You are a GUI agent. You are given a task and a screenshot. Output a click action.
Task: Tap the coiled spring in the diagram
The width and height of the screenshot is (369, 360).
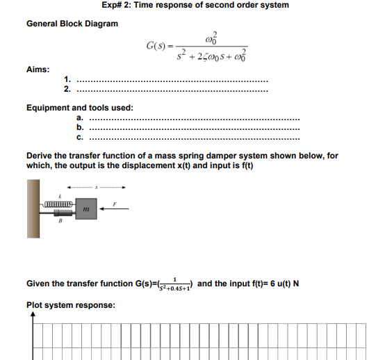pyautogui.click(x=58, y=204)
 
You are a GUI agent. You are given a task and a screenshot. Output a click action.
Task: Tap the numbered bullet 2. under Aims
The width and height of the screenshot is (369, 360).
pyautogui.click(x=67, y=89)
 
